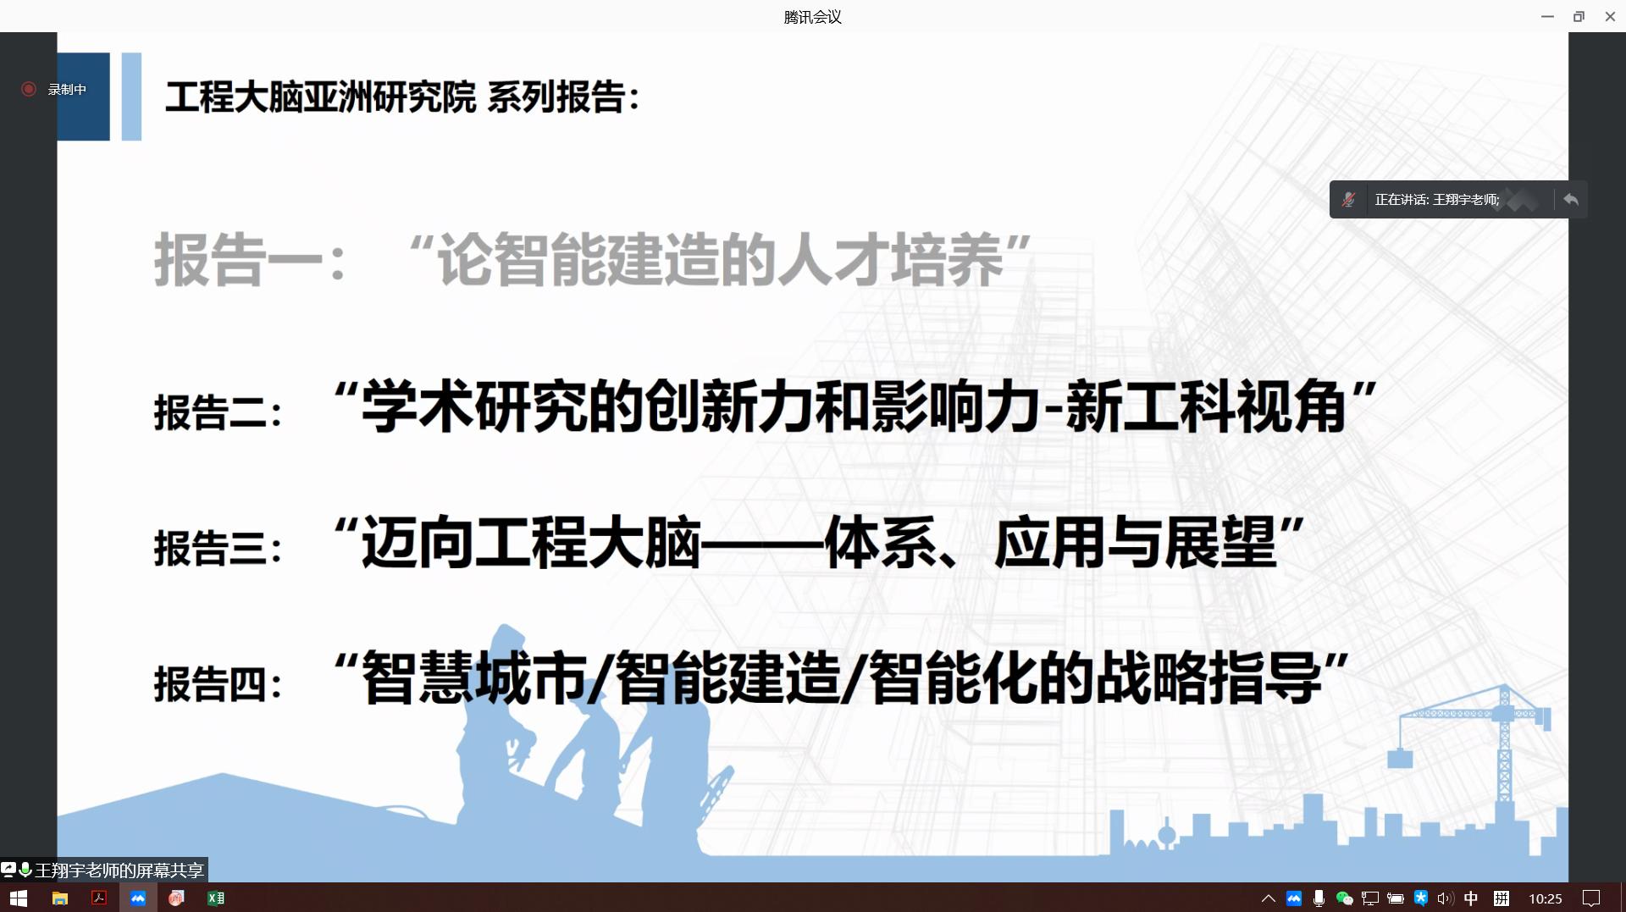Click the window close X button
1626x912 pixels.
click(1610, 17)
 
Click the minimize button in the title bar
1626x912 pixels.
click(1547, 17)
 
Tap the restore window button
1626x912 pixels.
click(1579, 17)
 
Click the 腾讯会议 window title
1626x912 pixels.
click(812, 17)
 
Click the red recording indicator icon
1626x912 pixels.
click(29, 89)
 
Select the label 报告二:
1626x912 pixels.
click(218, 412)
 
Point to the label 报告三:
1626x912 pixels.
click(218, 547)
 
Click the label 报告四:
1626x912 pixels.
click(218, 683)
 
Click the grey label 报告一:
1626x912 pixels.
click(251, 259)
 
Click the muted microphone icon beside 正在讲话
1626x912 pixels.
click(1349, 200)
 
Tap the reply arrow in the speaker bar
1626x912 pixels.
click(1571, 200)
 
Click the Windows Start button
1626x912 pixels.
click(19, 898)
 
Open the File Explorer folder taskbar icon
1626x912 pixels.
click(59, 898)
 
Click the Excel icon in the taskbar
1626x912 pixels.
click(216, 898)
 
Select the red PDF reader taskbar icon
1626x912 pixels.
click(99, 898)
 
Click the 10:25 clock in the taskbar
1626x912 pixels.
click(1546, 898)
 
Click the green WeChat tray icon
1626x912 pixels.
click(1344, 898)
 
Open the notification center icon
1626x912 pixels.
click(1591, 898)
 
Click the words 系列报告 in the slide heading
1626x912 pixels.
click(556, 97)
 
